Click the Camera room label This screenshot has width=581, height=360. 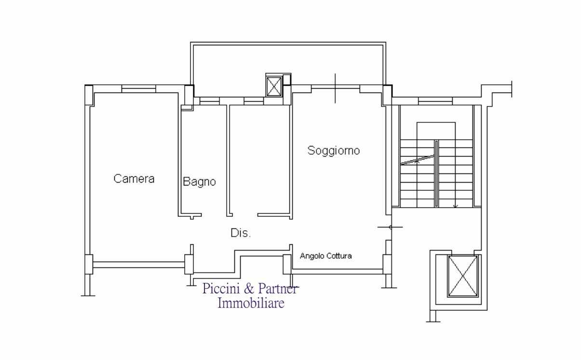[x=134, y=179]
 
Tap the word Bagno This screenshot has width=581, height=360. [x=199, y=182]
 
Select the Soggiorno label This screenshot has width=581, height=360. [x=334, y=150]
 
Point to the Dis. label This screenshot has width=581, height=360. [x=241, y=233]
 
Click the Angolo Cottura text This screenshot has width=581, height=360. [x=326, y=256]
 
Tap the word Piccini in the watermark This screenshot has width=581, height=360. [x=221, y=289]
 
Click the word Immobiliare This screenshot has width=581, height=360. [x=251, y=303]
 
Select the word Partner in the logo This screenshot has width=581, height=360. [x=278, y=289]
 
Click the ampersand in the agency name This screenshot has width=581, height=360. [x=249, y=289]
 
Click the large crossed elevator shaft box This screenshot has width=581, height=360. [x=463, y=276]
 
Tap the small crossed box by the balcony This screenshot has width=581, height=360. [x=274, y=86]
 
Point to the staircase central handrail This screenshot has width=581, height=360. [x=436, y=173]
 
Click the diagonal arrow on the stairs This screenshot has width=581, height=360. [x=418, y=160]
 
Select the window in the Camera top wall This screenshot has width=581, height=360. [x=139, y=89]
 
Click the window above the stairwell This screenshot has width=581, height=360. [x=435, y=101]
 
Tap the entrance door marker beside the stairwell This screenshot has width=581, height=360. [x=391, y=227]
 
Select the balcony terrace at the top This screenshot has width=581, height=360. [x=288, y=65]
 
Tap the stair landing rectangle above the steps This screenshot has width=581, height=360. [x=436, y=131]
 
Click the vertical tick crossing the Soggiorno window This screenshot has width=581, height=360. [x=335, y=88]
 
